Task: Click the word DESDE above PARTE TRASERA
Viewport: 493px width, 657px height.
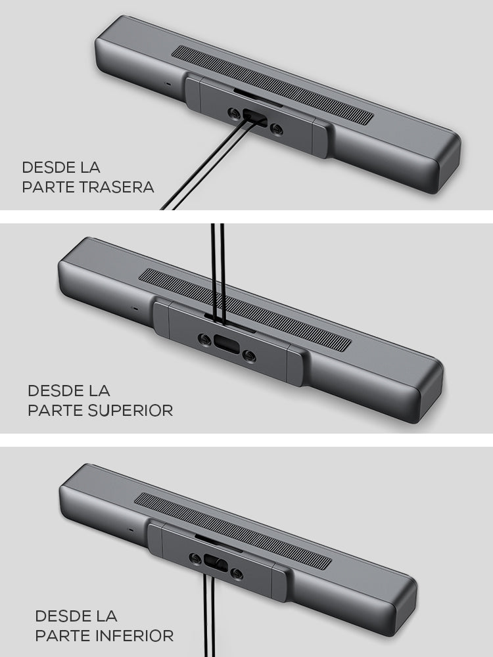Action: (x=49, y=167)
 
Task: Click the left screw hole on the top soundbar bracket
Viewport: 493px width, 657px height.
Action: (x=234, y=113)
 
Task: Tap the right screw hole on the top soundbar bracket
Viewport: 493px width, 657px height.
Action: (x=276, y=129)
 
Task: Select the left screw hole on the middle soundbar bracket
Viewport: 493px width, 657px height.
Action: (x=204, y=340)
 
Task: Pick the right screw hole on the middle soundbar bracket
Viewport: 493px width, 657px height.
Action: (x=249, y=357)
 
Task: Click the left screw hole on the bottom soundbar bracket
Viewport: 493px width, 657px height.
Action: (x=195, y=558)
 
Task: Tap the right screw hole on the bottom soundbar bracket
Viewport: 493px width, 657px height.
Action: (x=237, y=574)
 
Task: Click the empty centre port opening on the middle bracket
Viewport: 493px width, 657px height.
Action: (x=227, y=344)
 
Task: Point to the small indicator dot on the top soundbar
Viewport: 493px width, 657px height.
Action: (x=168, y=84)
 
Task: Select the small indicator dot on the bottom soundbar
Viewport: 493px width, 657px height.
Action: (x=131, y=530)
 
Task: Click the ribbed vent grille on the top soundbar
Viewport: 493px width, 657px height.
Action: (x=273, y=85)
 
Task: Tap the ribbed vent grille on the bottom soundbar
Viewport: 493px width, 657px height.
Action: (x=233, y=532)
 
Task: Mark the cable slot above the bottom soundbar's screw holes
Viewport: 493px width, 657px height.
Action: (x=219, y=543)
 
